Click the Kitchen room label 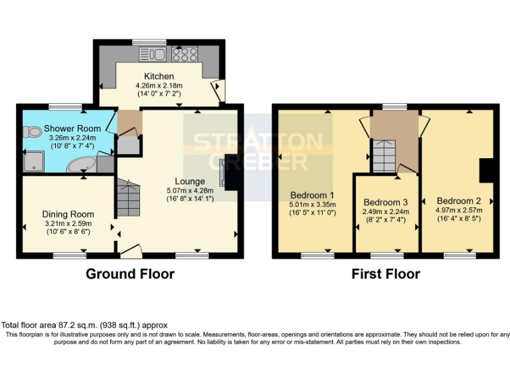[159, 76]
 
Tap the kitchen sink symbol [153, 54]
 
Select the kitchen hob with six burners [185, 54]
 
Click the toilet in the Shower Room [31, 132]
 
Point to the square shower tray [34, 162]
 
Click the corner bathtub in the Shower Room [81, 165]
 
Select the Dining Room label [68, 214]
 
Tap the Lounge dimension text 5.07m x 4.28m [190, 191]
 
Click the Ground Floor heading [130, 274]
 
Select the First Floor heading [386, 274]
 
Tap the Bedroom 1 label [312, 195]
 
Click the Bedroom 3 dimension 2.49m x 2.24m [386, 211]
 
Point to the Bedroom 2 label [459, 201]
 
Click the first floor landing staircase [384, 156]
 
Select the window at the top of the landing [394, 106]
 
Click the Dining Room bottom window [70, 255]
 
